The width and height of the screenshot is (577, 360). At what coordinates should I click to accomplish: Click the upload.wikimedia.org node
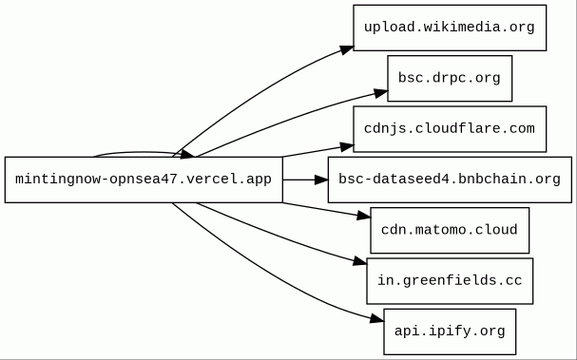(450, 28)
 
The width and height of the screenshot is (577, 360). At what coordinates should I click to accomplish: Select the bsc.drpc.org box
(450, 78)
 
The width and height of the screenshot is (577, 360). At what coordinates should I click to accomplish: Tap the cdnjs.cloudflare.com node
(450, 129)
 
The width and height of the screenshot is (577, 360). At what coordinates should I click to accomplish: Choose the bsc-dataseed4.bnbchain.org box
(450, 180)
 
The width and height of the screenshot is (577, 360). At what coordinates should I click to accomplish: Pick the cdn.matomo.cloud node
(450, 231)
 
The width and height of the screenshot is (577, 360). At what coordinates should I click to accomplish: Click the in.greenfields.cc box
(450, 281)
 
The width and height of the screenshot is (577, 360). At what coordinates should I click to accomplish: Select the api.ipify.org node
(450, 332)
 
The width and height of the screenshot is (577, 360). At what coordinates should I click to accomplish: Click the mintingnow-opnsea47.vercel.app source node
(144, 180)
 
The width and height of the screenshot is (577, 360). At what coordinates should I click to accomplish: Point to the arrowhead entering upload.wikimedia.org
(347, 50)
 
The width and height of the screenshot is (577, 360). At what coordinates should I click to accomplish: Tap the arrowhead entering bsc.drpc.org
(381, 93)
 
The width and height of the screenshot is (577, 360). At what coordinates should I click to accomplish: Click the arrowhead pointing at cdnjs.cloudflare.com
(347, 147)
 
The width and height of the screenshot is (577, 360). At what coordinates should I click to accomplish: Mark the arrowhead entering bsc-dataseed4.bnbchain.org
(321, 180)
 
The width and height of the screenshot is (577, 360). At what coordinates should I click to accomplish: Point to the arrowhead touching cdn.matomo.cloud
(364, 216)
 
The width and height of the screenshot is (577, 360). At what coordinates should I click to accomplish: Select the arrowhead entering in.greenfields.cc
(360, 261)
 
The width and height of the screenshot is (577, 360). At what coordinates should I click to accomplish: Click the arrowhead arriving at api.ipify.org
(377, 318)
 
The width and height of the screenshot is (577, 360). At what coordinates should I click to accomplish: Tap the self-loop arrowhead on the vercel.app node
(187, 154)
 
